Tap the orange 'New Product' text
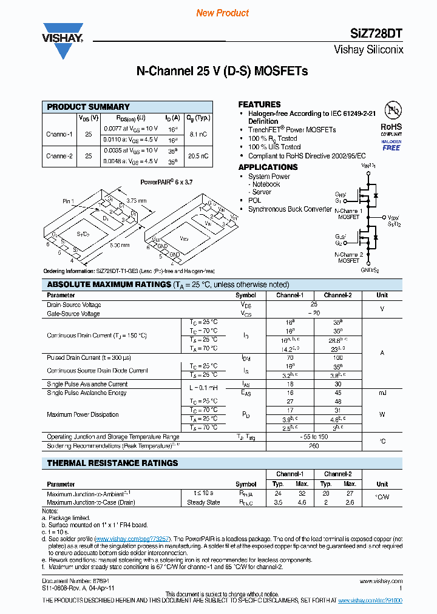coord(222,13)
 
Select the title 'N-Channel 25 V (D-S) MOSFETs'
coord(222,72)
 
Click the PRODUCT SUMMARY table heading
coord(89,107)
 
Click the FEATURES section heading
coord(259,104)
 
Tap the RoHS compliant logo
coord(391,127)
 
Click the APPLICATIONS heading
coord(268,167)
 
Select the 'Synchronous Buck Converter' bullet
coord(290,209)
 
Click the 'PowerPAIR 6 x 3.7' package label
coord(166,181)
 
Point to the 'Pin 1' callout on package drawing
coord(68,201)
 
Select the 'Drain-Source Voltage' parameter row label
coord(74,305)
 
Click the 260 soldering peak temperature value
coord(314,446)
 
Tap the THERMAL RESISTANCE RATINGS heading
coord(112,463)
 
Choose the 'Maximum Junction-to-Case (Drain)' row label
coord(90,502)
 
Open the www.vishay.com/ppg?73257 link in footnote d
coord(132,539)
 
